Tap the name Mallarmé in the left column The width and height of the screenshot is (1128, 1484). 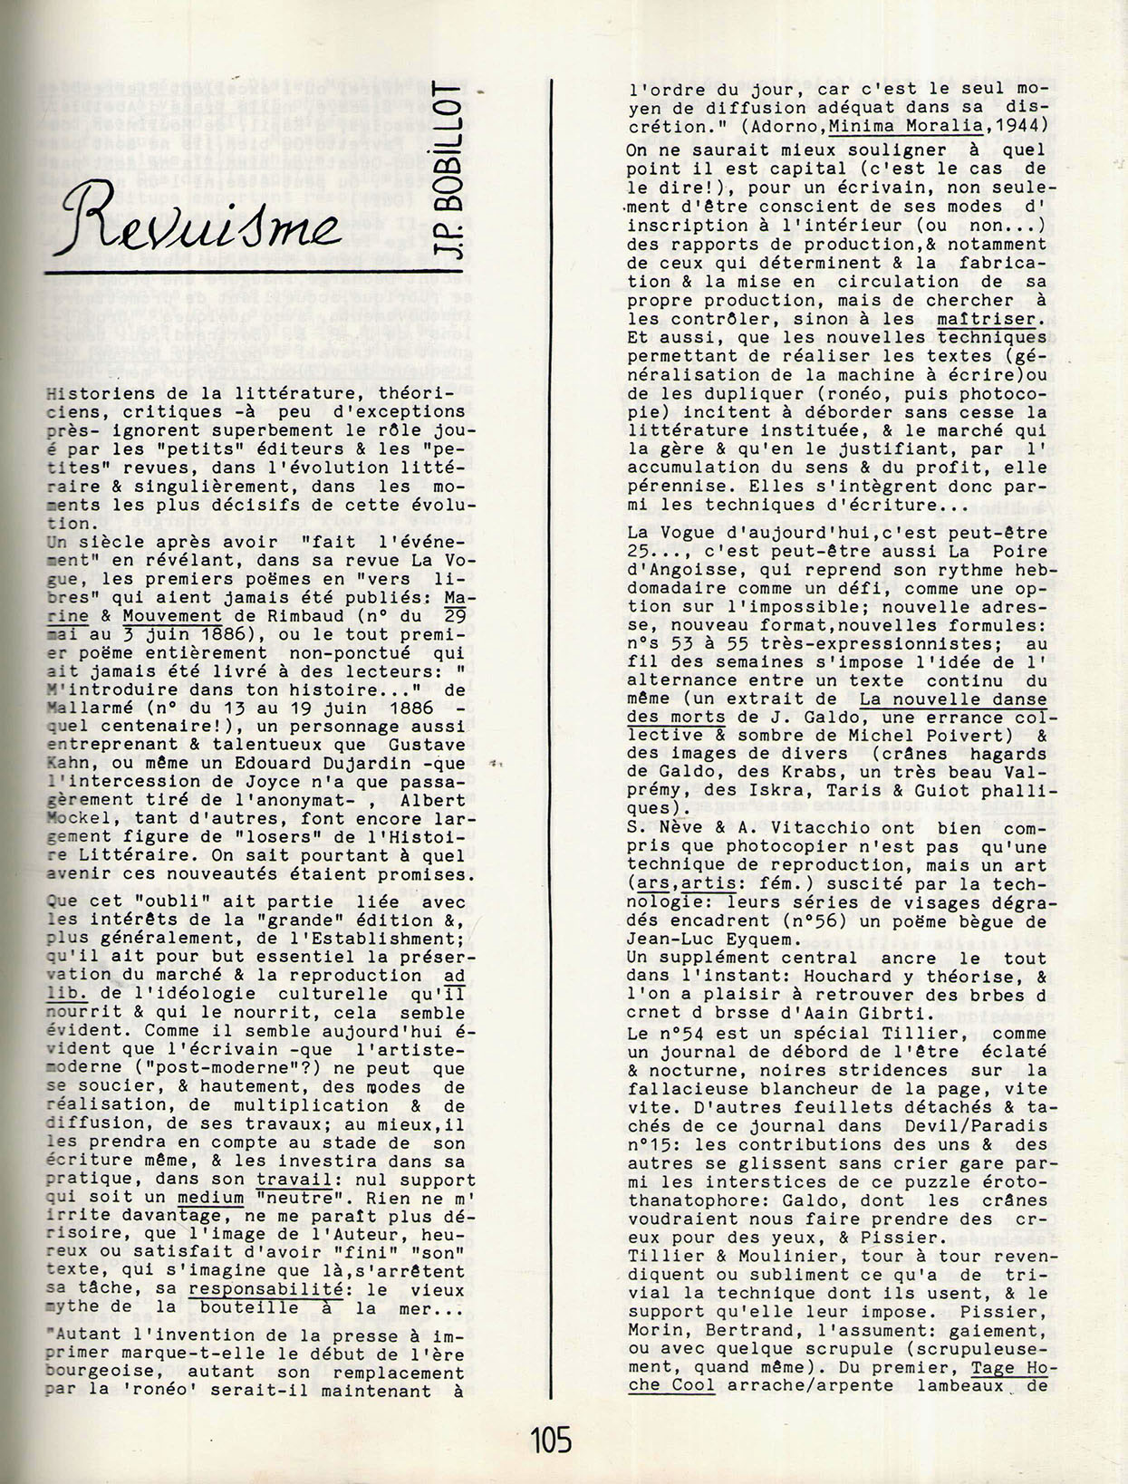pos(83,708)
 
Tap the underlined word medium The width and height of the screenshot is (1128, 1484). pos(210,1198)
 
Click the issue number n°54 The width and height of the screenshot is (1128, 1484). pos(665,1034)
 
